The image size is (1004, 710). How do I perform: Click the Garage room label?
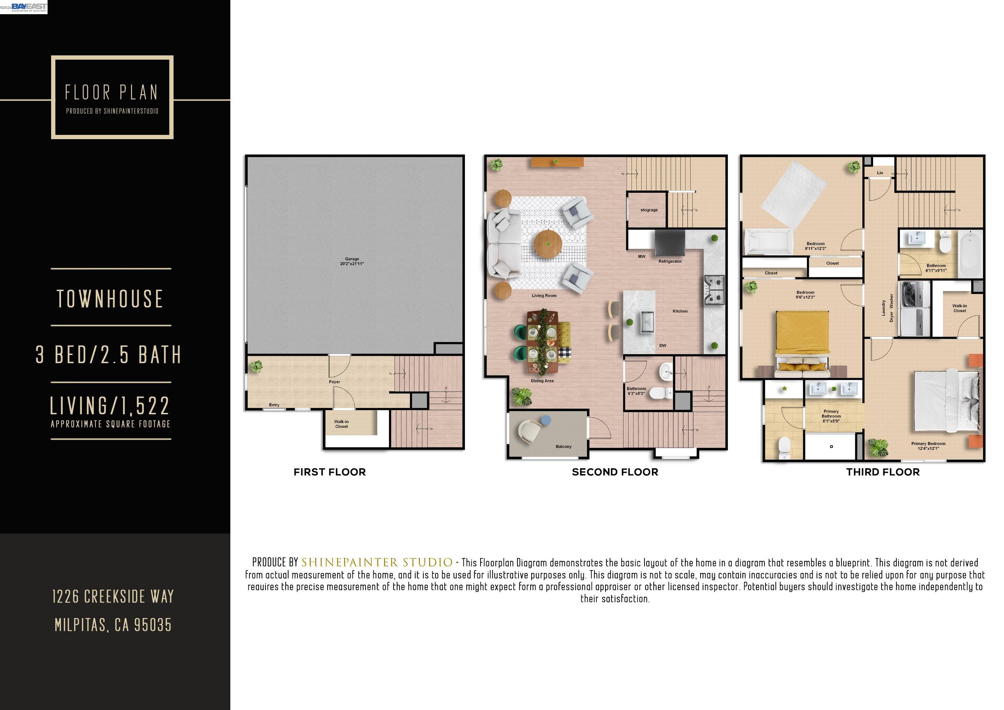(x=352, y=261)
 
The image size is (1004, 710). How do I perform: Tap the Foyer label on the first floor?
(x=335, y=382)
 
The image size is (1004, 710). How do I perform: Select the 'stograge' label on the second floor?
(x=649, y=210)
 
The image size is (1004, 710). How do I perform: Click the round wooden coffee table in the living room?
(x=548, y=244)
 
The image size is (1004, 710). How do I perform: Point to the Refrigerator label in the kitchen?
(x=670, y=262)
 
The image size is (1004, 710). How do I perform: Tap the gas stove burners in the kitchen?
(x=714, y=290)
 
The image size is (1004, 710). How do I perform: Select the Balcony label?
(x=564, y=447)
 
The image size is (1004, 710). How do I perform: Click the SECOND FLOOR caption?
(x=615, y=472)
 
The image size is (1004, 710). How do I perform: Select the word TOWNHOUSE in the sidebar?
(x=110, y=299)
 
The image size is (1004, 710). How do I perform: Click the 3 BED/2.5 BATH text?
(x=109, y=354)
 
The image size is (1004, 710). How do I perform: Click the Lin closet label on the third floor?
(x=880, y=173)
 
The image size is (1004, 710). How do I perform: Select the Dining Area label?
(x=542, y=381)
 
